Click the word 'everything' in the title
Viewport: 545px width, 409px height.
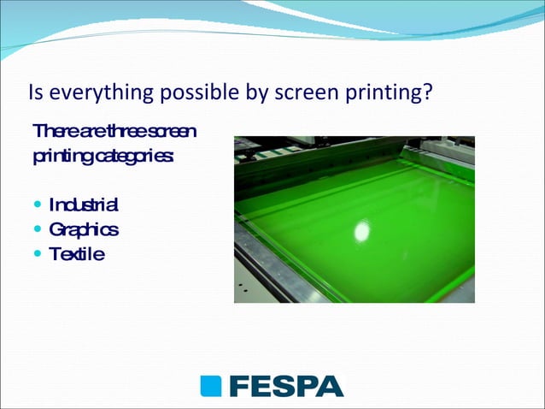point(87,92)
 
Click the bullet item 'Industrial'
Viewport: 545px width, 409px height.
point(84,205)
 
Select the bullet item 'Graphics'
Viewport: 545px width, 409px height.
point(84,230)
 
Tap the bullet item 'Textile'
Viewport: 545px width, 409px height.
point(77,254)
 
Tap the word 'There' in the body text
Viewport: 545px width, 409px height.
point(51,132)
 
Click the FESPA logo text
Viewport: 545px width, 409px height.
point(285,386)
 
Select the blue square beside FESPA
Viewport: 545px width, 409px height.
point(211,386)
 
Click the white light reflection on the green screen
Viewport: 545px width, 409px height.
point(362,231)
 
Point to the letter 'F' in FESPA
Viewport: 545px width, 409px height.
point(238,386)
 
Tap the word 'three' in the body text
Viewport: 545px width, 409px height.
point(128,132)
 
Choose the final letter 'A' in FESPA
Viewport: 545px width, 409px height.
point(330,386)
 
